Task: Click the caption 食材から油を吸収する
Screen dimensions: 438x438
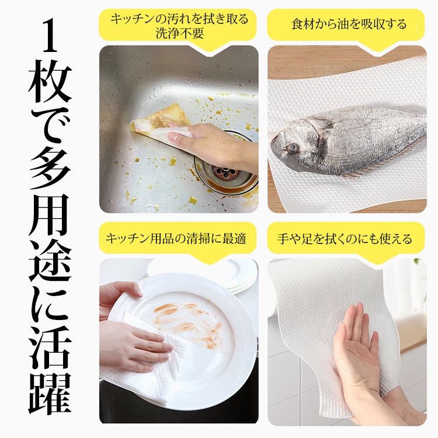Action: coord(349,25)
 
